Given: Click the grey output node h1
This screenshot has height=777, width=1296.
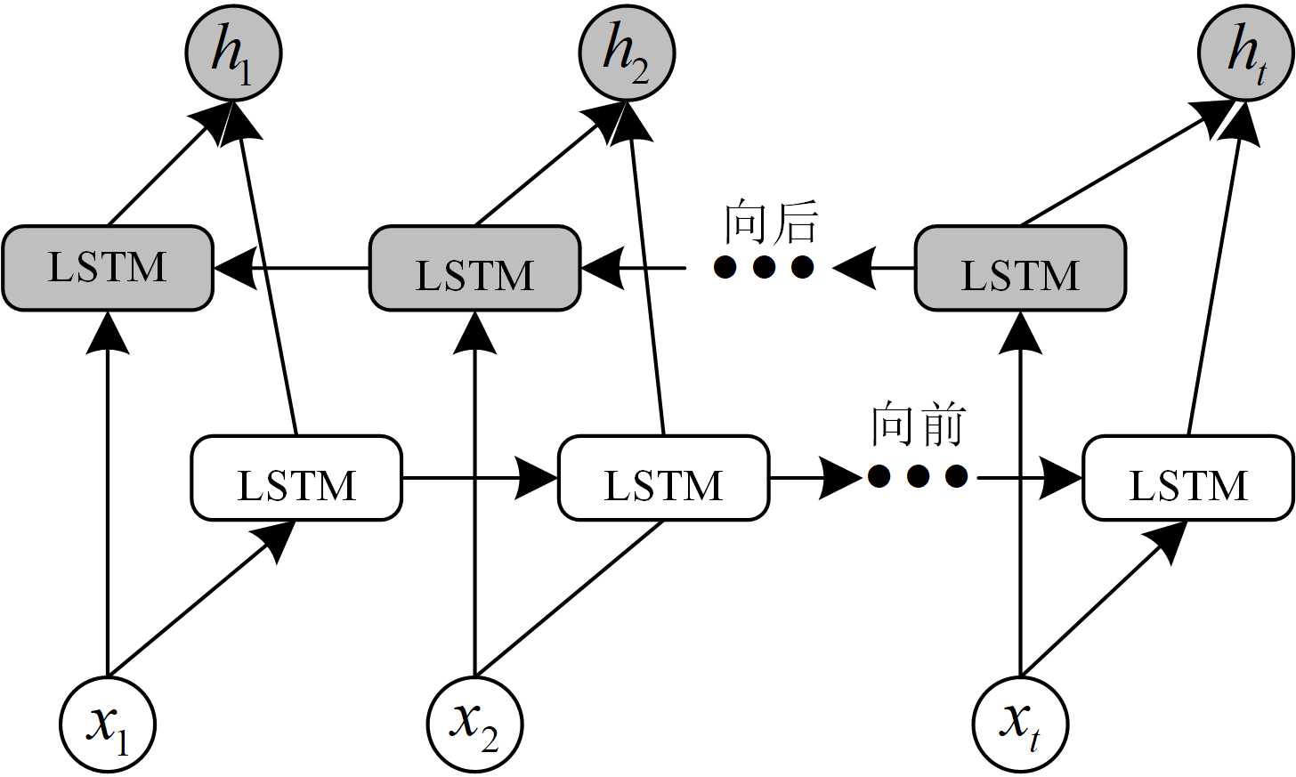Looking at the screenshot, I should click(x=233, y=52).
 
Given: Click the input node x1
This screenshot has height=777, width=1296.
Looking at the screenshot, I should click(x=108, y=724).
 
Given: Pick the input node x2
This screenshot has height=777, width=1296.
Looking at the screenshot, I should click(x=474, y=724).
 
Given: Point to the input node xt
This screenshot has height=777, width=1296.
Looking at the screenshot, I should click(x=1020, y=724).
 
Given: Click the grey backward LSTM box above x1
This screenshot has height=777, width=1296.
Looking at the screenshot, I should click(x=108, y=268).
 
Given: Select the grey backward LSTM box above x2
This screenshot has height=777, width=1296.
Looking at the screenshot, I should click(x=474, y=268).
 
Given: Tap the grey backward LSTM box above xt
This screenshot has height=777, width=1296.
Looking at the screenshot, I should click(x=1020, y=268).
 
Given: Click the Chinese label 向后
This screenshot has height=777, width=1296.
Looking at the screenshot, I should click(x=770, y=223).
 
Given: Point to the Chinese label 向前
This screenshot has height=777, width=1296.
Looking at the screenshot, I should click(x=918, y=425).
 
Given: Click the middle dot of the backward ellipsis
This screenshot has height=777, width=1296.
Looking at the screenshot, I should click(x=764, y=266).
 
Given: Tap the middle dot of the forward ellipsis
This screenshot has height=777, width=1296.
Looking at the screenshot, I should click(x=918, y=476).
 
